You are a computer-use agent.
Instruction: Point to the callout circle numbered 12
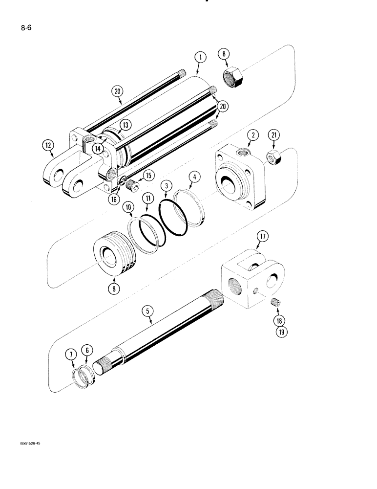48,145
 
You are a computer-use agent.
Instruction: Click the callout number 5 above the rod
146,310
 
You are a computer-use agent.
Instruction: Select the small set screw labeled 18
276,304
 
